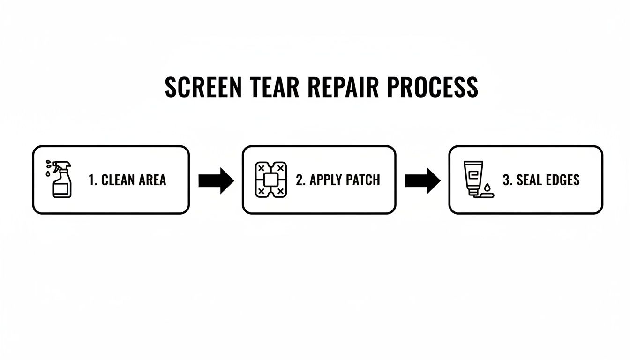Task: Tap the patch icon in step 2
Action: click(270, 180)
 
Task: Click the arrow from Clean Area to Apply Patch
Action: click(216, 180)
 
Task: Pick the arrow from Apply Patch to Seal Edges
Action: click(422, 180)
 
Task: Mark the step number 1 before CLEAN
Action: click(92, 180)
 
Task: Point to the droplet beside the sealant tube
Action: click(487, 187)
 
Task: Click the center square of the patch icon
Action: click(270, 180)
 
